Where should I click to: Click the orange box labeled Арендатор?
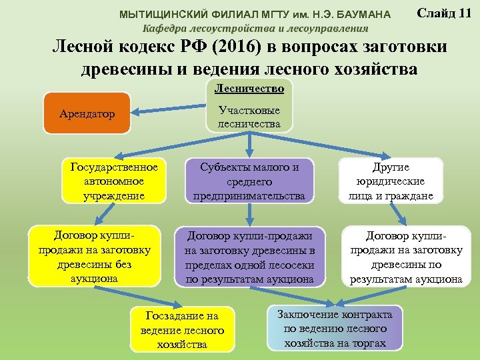[x=86, y=113]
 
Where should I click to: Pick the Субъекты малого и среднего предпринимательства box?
[x=249, y=180]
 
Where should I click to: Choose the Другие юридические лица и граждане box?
[x=391, y=180]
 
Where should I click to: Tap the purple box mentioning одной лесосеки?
[x=249, y=257]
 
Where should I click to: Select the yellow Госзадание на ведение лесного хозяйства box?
[x=182, y=329]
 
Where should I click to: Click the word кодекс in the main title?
[x=148, y=47]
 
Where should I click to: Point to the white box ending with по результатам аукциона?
[x=406, y=257]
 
